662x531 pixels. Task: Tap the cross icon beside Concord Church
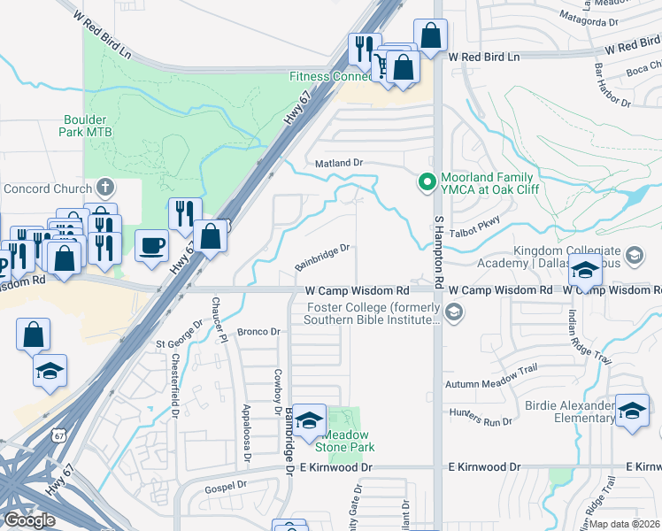(x=105, y=188)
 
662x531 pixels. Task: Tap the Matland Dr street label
(x=340, y=164)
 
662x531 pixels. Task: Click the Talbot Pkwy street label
(x=479, y=223)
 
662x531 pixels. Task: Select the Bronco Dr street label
(x=258, y=332)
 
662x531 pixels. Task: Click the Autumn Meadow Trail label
(x=491, y=383)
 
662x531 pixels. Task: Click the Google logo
(x=29, y=519)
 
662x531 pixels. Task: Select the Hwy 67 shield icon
(x=58, y=436)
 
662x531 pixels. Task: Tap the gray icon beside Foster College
(x=454, y=312)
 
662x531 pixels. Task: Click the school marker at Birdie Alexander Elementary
(x=632, y=411)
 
